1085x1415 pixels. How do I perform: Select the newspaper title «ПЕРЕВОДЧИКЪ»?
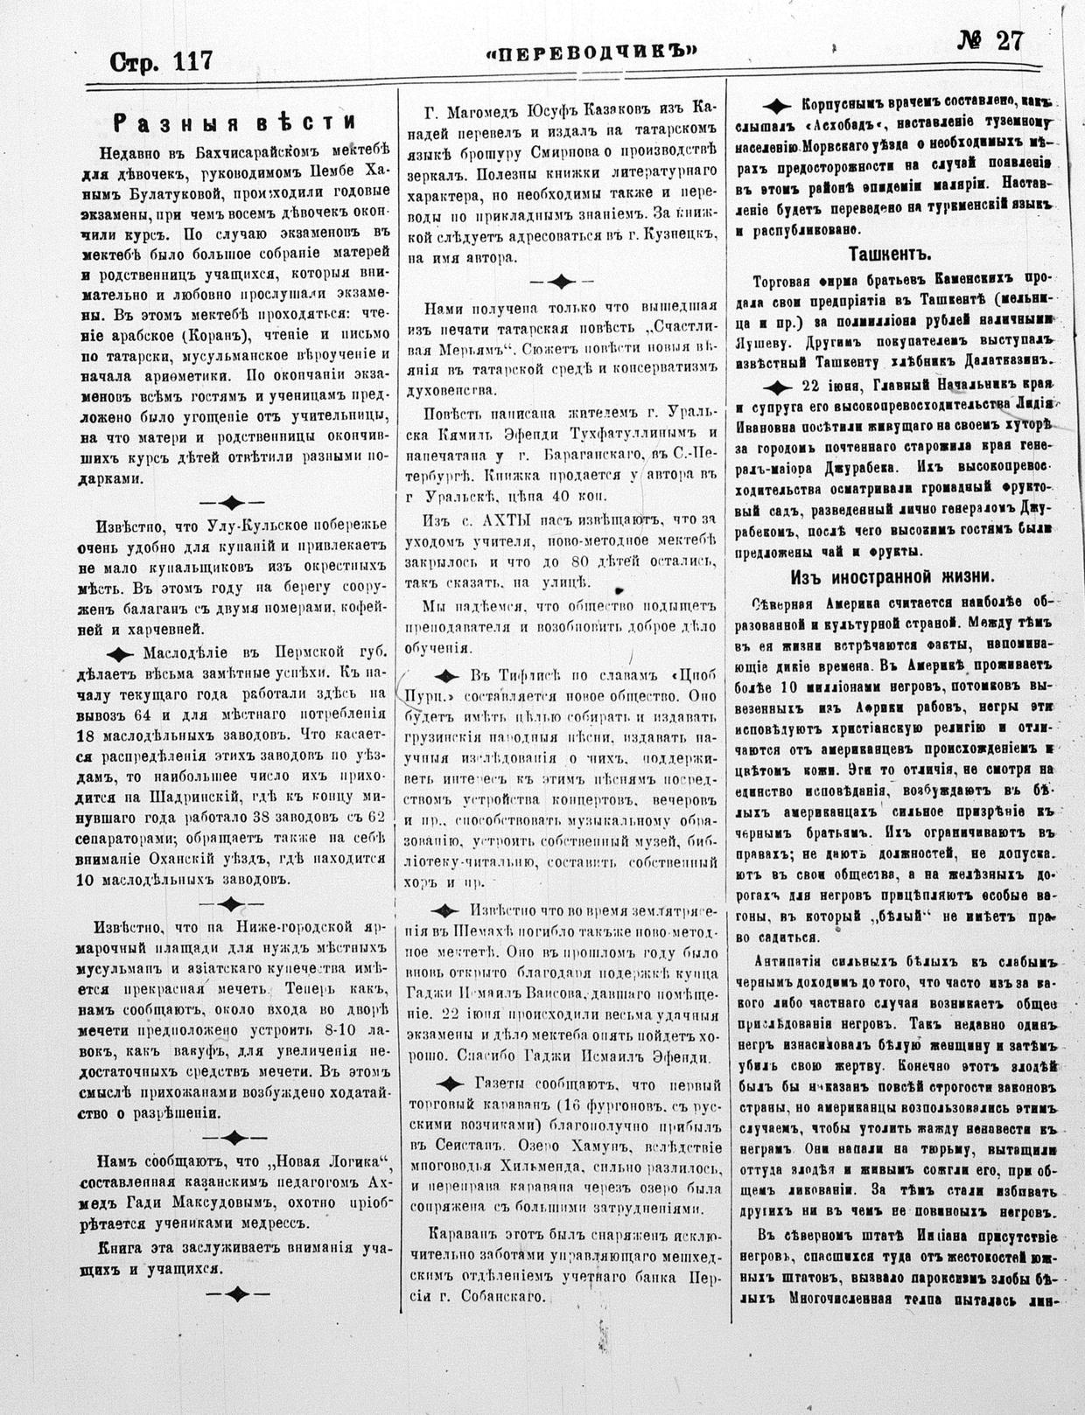pyautogui.click(x=591, y=52)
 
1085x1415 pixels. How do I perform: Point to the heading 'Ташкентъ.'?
pyautogui.click(x=889, y=254)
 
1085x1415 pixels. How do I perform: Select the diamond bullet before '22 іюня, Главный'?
pyautogui.click(x=776, y=387)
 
